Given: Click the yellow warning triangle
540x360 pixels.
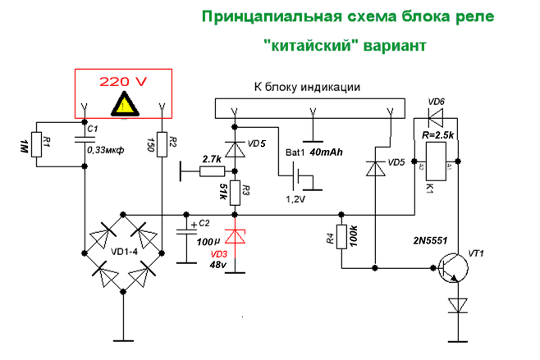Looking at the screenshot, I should click(125, 104).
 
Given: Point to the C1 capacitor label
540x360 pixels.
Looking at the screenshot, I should click(93, 130).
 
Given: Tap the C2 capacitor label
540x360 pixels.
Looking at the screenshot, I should click(204, 223).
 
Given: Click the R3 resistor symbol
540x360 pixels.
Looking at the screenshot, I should click(236, 193).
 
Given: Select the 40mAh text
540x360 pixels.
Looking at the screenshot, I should click(327, 152).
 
